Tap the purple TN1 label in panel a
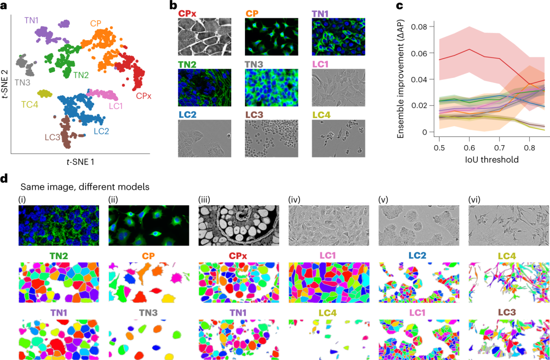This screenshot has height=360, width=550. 31,21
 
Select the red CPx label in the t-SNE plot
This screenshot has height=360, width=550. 143,95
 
